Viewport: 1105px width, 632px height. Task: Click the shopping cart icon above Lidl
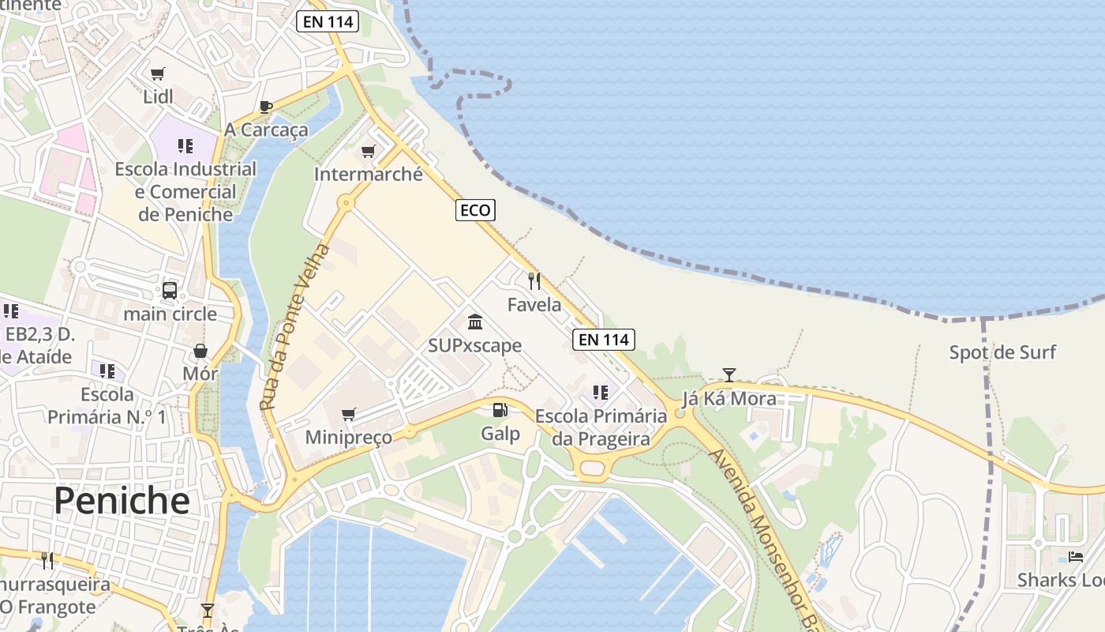click(x=157, y=73)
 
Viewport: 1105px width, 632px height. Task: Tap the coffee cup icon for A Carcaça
click(x=266, y=107)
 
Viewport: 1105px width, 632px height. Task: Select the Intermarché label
click(x=369, y=174)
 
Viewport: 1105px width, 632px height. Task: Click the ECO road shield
click(x=475, y=210)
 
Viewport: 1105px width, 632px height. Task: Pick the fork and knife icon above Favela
click(x=534, y=280)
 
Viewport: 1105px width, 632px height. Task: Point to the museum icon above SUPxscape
click(x=475, y=322)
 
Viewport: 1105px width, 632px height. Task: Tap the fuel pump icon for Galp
click(x=500, y=409)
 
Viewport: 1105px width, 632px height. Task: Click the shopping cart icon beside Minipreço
click(x=348, y=414)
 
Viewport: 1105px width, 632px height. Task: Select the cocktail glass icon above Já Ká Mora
click(x=729, y=374)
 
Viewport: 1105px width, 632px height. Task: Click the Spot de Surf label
click(x=1002, y=352)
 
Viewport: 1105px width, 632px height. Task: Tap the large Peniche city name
click(x=122, y=500)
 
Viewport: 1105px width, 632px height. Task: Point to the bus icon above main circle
click(x=170, y=290)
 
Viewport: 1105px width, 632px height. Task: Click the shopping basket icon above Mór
click(x=200, y=350)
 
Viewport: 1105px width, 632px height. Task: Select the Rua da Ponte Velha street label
click(x=295, y=327)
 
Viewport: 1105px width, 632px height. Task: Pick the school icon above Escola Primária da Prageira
click(x=600, y=392)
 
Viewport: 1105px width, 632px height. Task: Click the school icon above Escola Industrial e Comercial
click(x=185, y=145)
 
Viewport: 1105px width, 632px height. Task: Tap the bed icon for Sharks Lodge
click(x=1075, y=556)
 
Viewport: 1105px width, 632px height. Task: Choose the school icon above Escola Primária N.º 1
click(x=107, y=371)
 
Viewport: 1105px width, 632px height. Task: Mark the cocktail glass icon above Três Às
click(x=208, y=610)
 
